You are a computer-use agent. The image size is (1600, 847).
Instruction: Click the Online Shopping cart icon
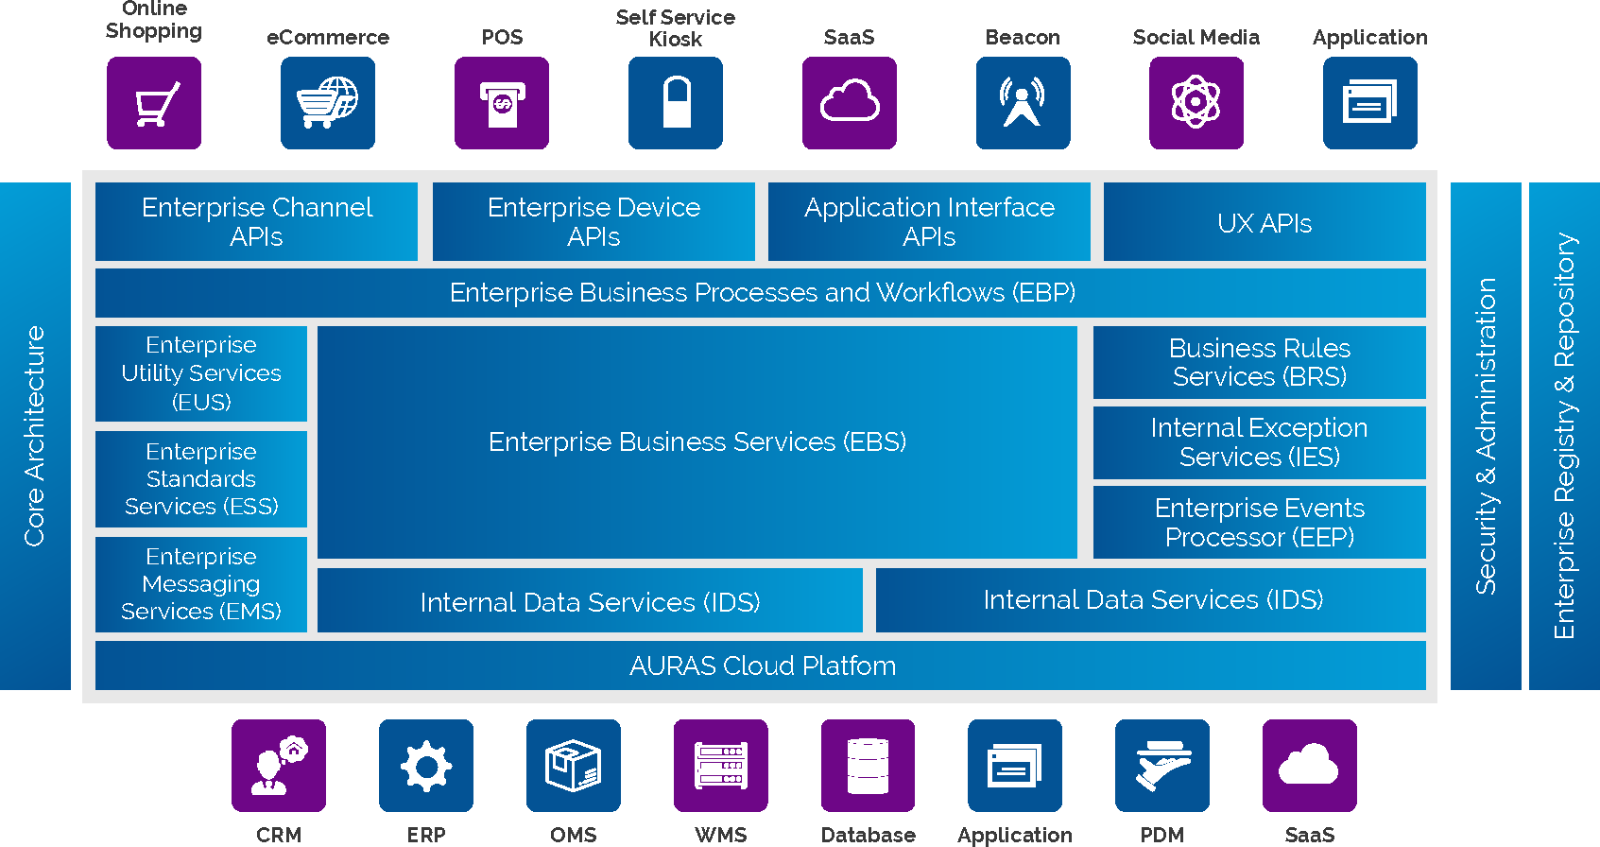[154, 103]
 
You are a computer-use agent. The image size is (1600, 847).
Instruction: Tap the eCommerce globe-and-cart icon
[328, 103]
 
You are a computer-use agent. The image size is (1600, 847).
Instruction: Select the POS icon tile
[502, 103]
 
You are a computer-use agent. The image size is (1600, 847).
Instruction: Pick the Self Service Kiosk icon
[676, 103]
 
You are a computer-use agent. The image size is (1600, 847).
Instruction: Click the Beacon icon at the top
[1023, 103]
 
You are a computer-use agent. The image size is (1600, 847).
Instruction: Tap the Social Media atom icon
[1196, 103]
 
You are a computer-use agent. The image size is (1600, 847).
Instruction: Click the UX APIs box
[1265, 223]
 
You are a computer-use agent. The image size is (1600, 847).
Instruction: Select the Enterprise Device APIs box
[594, 222]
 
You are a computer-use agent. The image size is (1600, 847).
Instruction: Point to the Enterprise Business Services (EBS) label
[697, 441]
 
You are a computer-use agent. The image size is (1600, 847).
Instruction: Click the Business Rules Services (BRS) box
[1259, 363]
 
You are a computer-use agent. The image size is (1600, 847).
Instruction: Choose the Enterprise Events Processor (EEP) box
[1259, 523]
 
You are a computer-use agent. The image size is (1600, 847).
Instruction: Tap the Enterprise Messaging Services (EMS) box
[201, 584]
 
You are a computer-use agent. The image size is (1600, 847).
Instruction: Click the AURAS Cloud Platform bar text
[762, 665]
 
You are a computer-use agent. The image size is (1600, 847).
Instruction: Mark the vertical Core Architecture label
[35, 436]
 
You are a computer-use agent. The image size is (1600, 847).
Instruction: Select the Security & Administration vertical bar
[1486, 436]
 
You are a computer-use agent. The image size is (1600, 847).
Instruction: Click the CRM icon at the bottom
[279, 766]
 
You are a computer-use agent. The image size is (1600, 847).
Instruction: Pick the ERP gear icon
[426, 766]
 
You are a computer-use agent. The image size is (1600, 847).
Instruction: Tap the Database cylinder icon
[868, 766]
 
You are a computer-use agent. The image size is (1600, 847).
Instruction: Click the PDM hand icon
[1162, 766]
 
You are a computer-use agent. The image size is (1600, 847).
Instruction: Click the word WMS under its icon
[721, 835]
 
